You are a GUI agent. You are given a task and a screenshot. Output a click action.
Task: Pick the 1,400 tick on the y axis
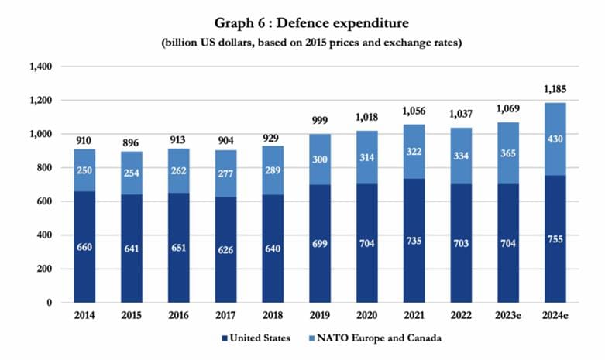[x=40, y=67]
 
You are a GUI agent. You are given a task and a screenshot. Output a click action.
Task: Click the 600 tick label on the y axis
[x=43, y=201]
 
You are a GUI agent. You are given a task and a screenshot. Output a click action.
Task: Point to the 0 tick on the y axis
[x=49, y=302]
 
